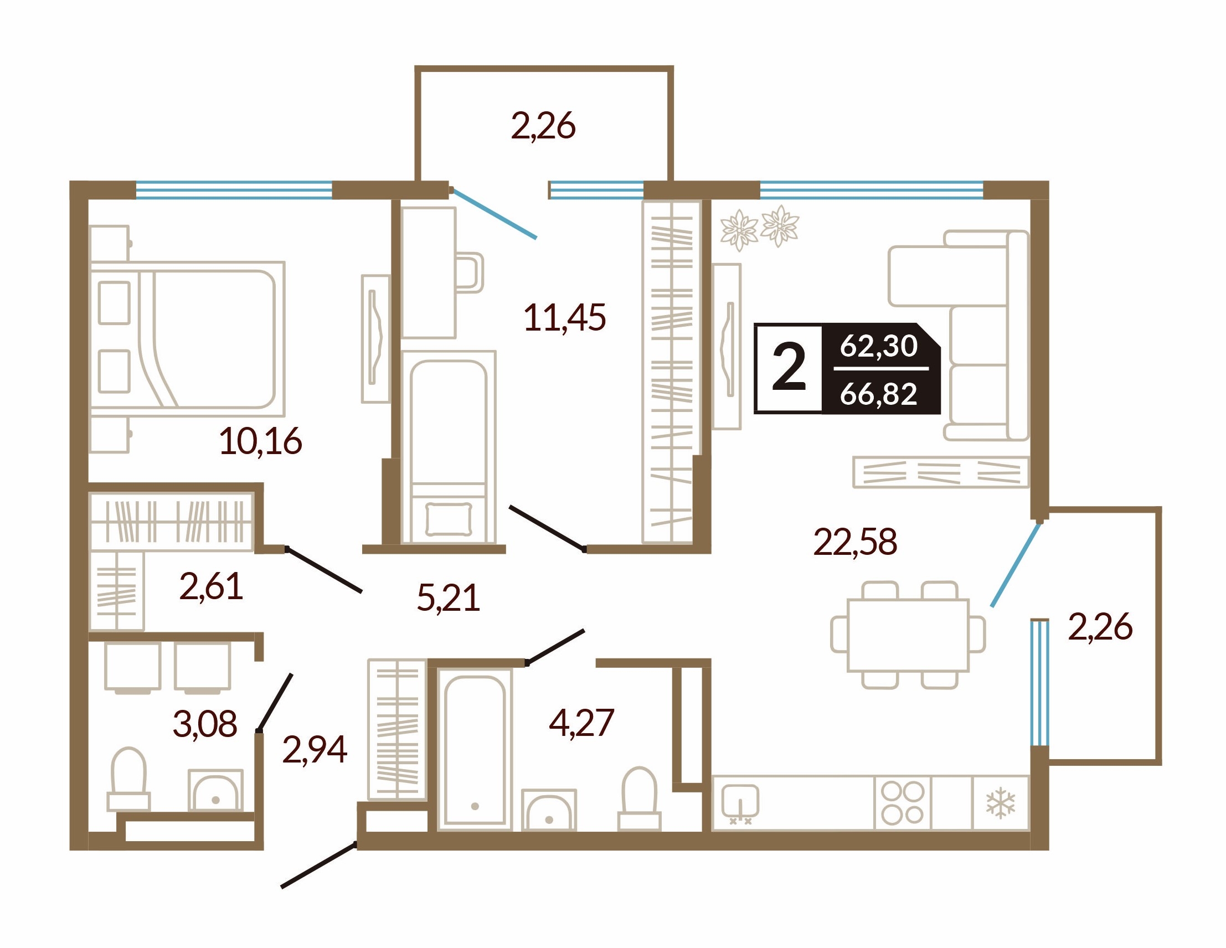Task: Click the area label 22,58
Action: coord(855,542)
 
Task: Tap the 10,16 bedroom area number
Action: coord(260,441)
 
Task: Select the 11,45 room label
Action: coord(565,317)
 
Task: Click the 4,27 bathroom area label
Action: coord(581,723)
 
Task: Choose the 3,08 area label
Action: coord(205,724)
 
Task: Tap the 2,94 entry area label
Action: coord(315,749)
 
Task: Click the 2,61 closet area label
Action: coord(211,586)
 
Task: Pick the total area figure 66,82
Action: coord(878,394)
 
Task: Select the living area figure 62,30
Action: coord(878,346)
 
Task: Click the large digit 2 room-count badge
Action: coord(789,369)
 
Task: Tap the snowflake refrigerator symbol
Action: coord(1001,802)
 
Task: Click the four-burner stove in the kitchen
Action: coord(903,803)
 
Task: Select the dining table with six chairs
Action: coord(908,635)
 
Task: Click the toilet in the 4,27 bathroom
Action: coord(640,799)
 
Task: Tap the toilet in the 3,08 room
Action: coord(128,779)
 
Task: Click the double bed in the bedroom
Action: coord(187,339)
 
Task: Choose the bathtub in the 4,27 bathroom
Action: coord(475,750)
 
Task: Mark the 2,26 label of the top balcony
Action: coord(543,126)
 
